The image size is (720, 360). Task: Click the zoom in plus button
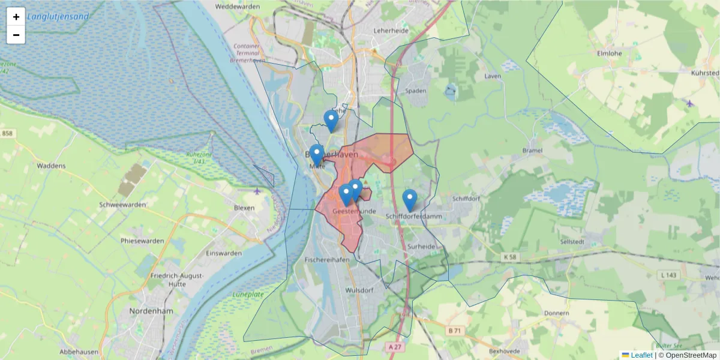pos(16,17)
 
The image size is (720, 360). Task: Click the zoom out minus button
pos(16,35)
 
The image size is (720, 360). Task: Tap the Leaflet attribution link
pos(641,355)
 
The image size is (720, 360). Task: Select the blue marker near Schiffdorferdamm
pos(410,200)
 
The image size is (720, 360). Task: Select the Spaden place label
pos(416,91)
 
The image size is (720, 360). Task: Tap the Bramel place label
pos(533,151)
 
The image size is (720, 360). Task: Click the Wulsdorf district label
pos(360,290)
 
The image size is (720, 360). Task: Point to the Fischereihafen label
pos(327,260)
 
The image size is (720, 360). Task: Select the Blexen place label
pos(245,208)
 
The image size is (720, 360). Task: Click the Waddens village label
pos(51,165)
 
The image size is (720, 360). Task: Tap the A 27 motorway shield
pos(394,346)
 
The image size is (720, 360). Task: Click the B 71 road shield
pos(456,330)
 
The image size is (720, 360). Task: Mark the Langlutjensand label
pos(58,17)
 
